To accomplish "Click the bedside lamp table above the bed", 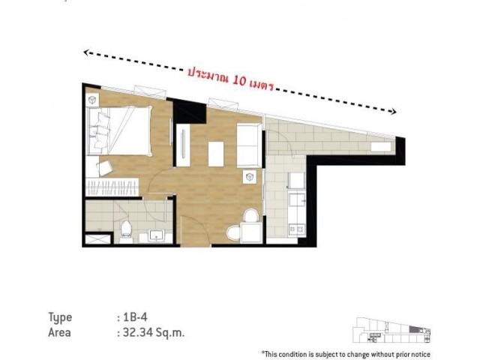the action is click(x=91, y=100).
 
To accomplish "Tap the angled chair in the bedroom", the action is click(x=105, y=168).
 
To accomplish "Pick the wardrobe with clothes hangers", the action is click(x=112, y=187).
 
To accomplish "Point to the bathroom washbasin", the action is click(x=156, y=235).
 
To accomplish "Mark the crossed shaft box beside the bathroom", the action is click(x=97, y=239).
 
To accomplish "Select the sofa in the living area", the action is click(x=250, y=145).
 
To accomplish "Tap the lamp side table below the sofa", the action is click(x=250, y=177).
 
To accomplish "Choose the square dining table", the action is click(x=251, y=232).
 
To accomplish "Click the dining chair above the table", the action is click(x=251, y=215).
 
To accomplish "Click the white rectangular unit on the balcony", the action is click(x=381, y=147).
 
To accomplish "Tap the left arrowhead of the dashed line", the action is click(x=87, y=53).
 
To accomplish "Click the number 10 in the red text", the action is click(x=239, y=80).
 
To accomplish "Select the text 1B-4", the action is click(x=135, y=317).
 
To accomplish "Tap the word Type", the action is click(x=60, y=318).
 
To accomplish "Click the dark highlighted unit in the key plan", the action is click(x=414, y=329).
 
